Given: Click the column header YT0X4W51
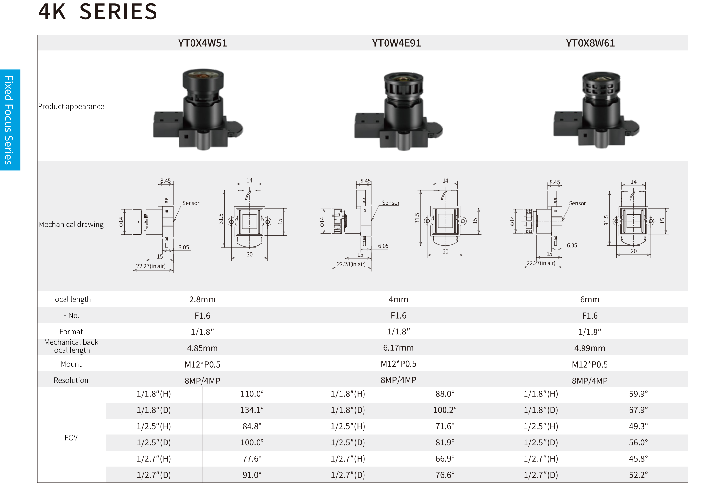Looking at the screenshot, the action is [x=202, y=43].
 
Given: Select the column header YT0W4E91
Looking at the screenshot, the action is [x=396, y=43].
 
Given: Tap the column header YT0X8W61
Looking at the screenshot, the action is [x=590, y=43].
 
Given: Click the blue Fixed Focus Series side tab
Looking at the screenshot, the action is [x=10, y=120].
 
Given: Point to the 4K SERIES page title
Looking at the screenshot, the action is [x=98, y=12].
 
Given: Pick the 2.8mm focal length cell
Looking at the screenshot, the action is [x=202, y=299].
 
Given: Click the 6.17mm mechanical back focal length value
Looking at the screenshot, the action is [x=398, y=348].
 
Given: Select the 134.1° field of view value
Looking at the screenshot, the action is [x=252, y=410].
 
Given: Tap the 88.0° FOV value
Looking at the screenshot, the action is [x=445, y=394].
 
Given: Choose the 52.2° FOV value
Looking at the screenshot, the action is [x=638, y=475].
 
